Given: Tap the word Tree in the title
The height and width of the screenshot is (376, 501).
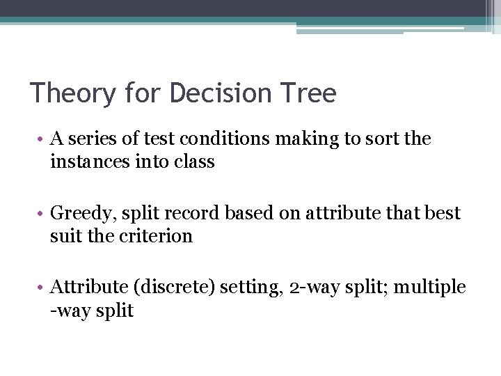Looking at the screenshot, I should point(310,93).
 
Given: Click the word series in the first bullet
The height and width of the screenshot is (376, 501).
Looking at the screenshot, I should point(90,139).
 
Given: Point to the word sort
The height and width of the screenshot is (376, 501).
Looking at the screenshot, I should point(378,139).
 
